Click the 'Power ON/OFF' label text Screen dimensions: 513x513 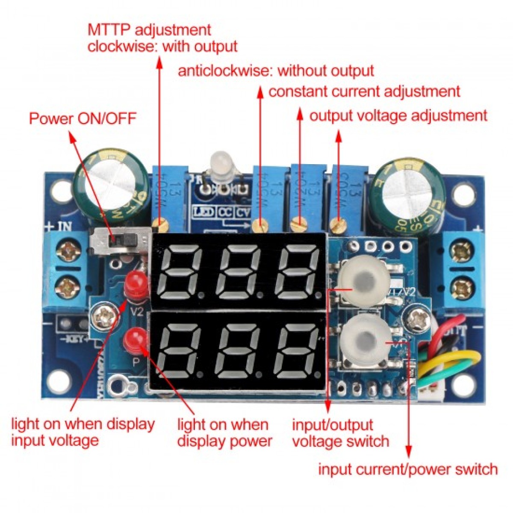(x=82, y=118)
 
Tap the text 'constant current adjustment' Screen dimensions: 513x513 (x=364, y=91)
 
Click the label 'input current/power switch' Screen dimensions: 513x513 (x=407, y=469)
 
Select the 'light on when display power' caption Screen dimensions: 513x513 (x=224, y=433)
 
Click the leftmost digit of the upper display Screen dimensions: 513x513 (x=180, y=271)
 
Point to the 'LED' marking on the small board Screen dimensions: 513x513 (x=204, y=211)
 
